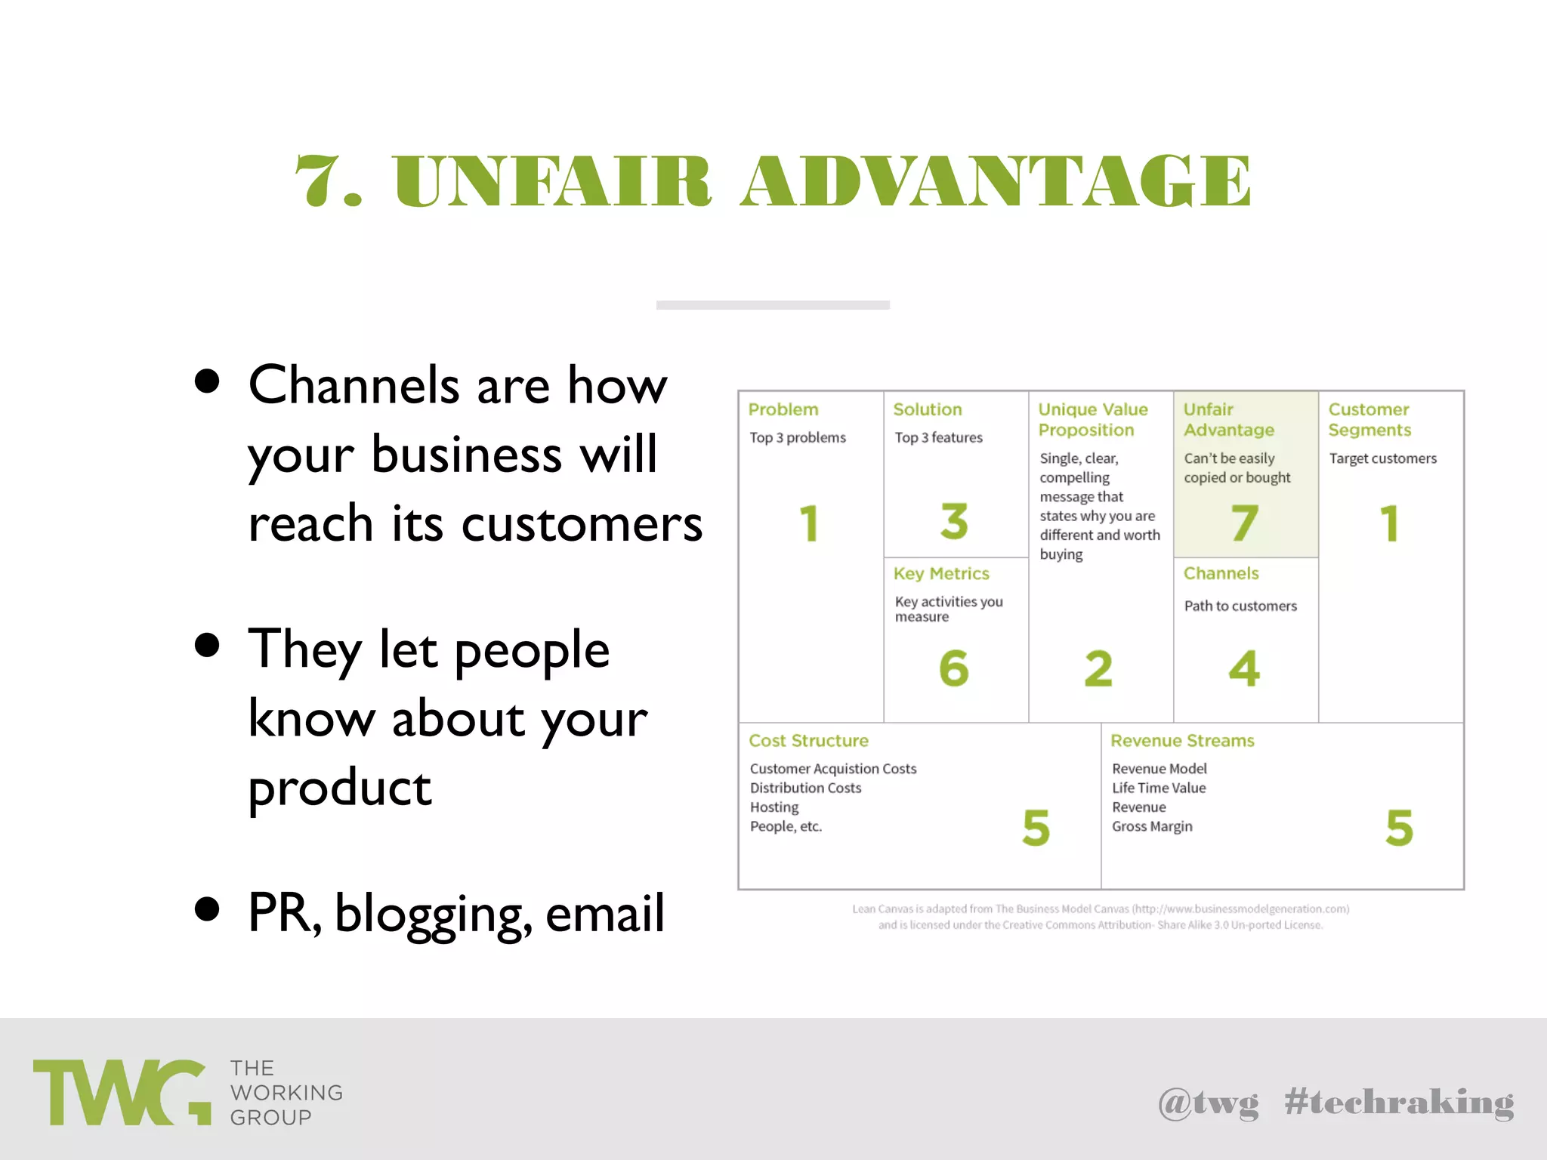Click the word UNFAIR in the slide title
[552, 181]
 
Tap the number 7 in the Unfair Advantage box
[1244, 523]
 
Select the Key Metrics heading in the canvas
[940, 574]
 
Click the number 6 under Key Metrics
[953, 668]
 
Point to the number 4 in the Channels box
[1243, 668]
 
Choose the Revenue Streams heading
[1181, 741]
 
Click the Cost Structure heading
[808, 741]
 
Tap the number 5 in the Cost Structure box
[1036, 828]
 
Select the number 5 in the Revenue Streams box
[1399, 828]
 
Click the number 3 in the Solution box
[954, 521]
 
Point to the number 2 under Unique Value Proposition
[1098, 668]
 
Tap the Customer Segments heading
[1369, 420]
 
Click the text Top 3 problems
[797, 438]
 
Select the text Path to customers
[1240, 606]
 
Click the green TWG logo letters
[121, 1093]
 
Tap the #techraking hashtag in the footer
[1399, 1103]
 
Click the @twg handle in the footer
[1208, 1103]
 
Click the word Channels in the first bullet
[354, 385]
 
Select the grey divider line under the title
[773, 305]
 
